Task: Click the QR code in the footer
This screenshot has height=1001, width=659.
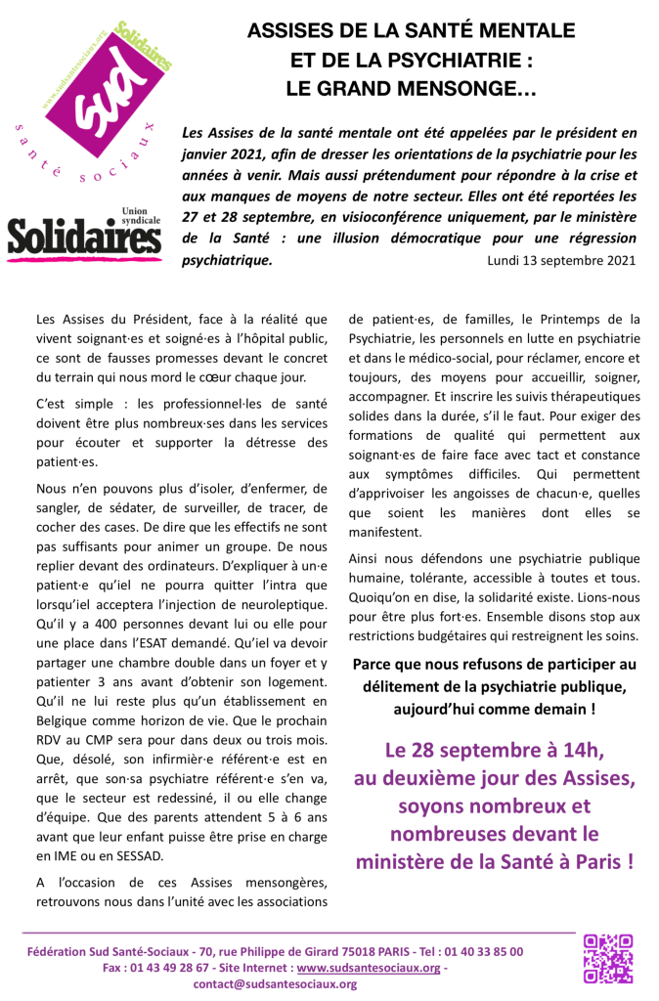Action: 607,958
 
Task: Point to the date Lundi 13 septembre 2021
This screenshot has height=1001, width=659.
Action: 561,261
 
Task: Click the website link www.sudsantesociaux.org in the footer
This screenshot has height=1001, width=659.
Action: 370,968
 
